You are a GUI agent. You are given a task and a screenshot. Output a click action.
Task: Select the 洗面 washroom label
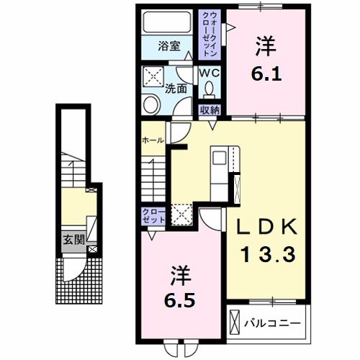click(176, 89)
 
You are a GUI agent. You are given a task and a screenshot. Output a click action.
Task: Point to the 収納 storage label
click(210, 109)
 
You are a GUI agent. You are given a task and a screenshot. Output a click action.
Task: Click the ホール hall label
click(153, 140)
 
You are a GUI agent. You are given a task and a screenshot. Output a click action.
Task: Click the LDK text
click(267, 227)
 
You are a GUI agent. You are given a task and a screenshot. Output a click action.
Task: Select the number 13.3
click(267, 253)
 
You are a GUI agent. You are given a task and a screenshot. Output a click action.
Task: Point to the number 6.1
click(264, 73)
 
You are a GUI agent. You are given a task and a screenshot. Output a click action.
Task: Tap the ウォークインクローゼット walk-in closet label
click(210, 35)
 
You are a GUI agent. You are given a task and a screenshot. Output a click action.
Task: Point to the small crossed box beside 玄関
click(91, 250)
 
